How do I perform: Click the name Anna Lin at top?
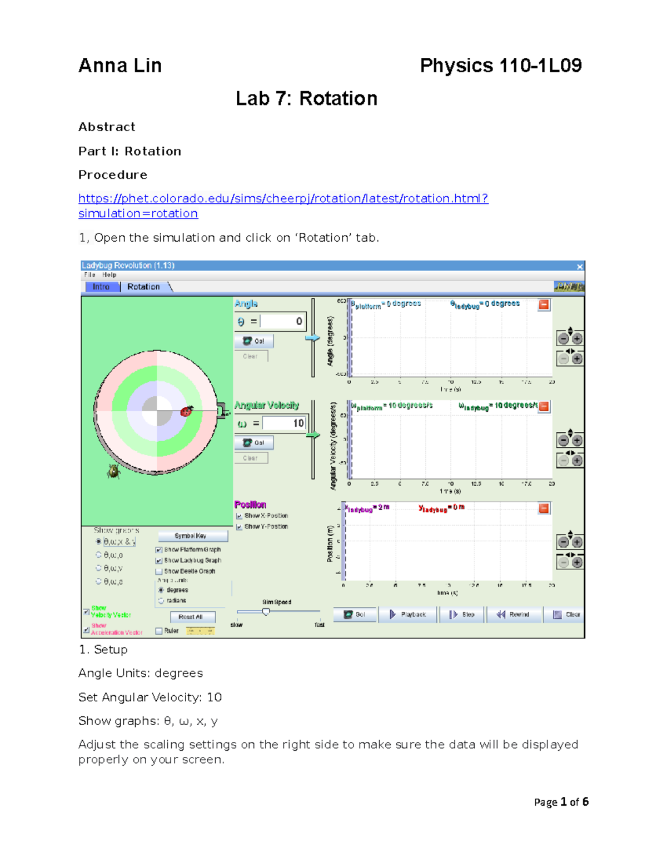pos(120,66)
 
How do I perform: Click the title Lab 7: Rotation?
pos(306,98)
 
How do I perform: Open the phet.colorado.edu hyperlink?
pos(283,198)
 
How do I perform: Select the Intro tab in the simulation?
pos(101,287)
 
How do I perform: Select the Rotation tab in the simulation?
pos(143,287)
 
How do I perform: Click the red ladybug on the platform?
pos(187,411)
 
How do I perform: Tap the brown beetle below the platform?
pos(114,471)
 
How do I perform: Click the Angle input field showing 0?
pos(283,321)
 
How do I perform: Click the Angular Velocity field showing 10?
pos(284,423)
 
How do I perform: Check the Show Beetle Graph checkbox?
pos(159,571)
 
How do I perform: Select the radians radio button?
pos(161,601)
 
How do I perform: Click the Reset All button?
pos(191,617)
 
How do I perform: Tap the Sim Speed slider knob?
pos(266,612)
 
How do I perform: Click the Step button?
pos(462,615)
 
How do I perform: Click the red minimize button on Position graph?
pos(544,508)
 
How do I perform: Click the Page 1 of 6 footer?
pos(561,802)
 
